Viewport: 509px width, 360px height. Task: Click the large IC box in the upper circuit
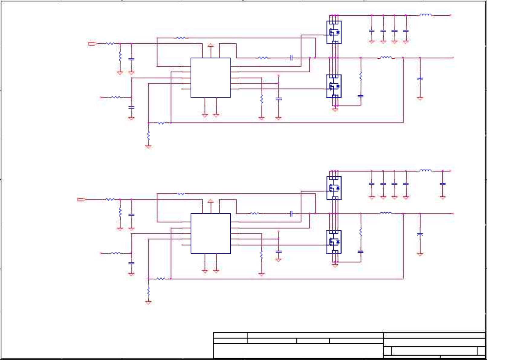click(210, 78)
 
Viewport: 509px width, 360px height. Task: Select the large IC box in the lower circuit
click(210, 234)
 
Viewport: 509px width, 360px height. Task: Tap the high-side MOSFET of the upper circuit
click(334, 32)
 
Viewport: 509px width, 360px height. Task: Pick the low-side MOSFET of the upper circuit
click(334, 86)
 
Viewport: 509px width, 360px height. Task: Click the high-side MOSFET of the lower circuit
click(334, 188)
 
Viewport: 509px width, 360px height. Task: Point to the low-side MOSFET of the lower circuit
click(334, 242)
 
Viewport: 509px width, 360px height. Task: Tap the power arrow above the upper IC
click(211, 45)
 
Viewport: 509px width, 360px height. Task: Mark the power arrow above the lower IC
click(211, 201)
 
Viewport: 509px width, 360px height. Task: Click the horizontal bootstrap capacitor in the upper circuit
click(291, 58)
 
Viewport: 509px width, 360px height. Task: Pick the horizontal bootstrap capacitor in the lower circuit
click(291, 214)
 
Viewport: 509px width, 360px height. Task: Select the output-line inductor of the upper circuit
click(386, 57)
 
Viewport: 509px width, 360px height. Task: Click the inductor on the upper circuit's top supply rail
click(425, 15)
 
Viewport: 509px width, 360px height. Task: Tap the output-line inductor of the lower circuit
click(386, 213)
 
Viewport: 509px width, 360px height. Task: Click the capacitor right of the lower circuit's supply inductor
click(443, 184)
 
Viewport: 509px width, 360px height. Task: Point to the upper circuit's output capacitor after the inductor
click(420, 79)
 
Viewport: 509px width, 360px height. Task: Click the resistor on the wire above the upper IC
click(181, 38)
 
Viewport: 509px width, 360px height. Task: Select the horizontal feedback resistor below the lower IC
click(161, 279)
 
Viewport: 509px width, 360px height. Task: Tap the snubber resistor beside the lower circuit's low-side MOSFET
click(361, 232)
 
